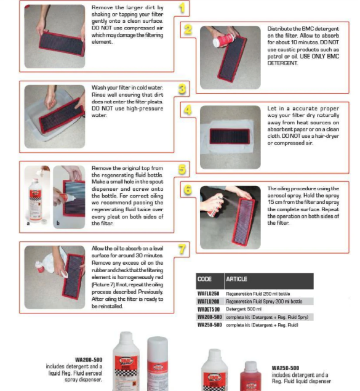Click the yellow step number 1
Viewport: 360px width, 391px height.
182,7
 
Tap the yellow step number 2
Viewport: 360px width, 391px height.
188,29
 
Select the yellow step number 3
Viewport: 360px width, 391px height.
182,89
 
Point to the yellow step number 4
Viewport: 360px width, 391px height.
188,111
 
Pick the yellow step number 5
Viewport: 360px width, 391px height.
182,169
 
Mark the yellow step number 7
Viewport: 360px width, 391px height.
182,249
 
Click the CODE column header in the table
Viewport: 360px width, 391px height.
204,279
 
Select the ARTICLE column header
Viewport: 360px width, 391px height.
236,279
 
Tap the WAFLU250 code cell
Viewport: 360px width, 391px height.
208,294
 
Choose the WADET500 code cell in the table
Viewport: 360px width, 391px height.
208,309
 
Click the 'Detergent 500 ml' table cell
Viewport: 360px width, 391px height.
244,309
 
